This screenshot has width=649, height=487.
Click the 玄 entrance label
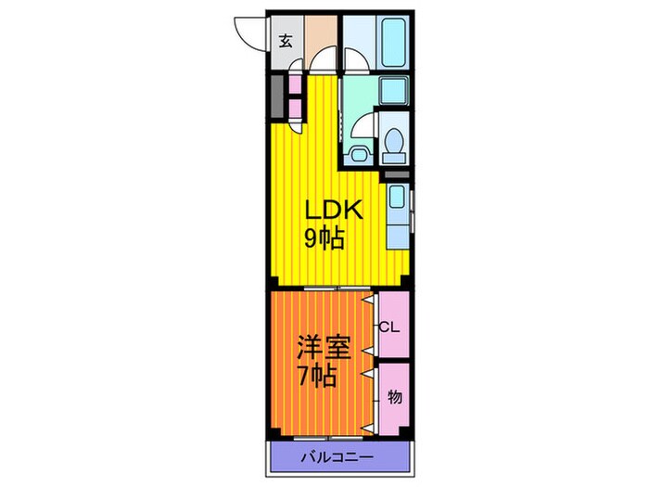tap(286, 41)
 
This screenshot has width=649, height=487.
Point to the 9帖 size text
tap(324, 239)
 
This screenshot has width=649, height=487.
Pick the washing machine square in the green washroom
tap(393, 92)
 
